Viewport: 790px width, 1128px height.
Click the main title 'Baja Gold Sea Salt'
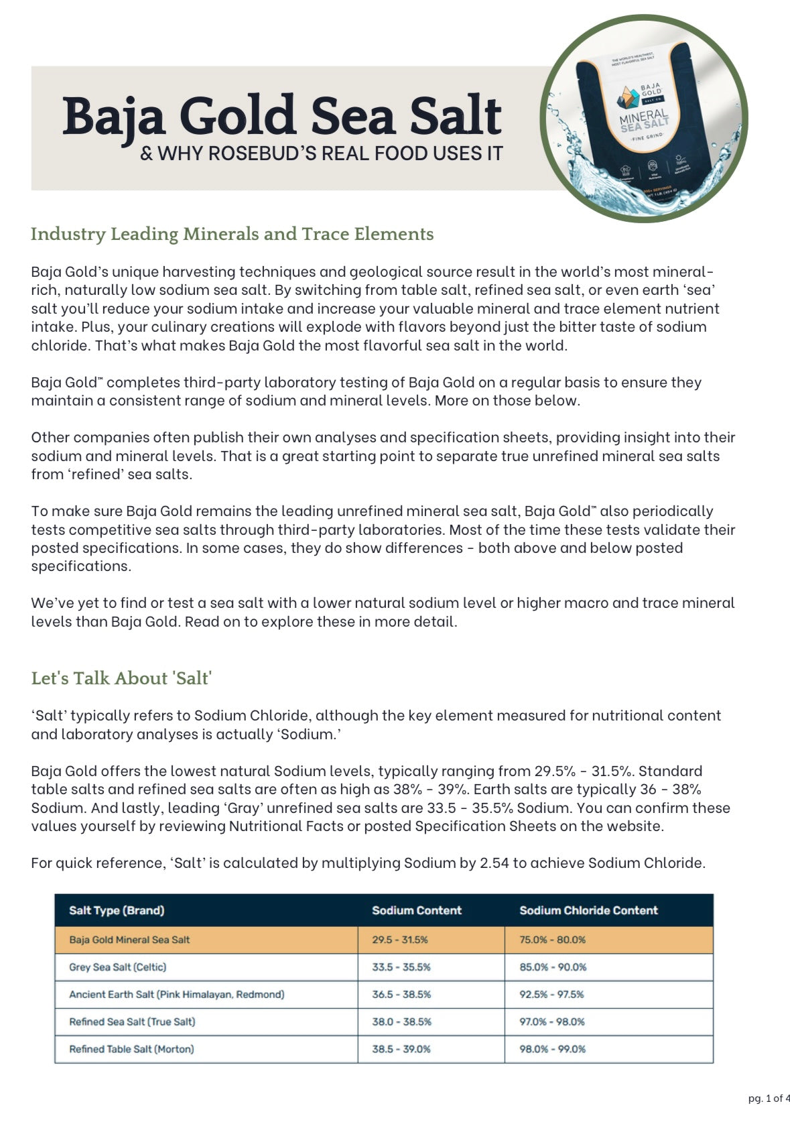[x=282, y=115]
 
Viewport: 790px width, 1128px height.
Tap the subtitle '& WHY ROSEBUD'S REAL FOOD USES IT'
[x=322, y=153]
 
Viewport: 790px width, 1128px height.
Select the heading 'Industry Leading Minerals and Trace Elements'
[x=232, y=234]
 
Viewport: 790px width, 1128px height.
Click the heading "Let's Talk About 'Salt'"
[x=121, y=678]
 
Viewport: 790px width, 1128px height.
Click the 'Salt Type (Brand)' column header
[x=117, y=910]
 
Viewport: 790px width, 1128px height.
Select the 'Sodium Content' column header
[x=417, y=910]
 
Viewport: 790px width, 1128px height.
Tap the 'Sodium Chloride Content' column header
[x=588, y=910]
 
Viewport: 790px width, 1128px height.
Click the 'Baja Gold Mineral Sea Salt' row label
[x=129, y=940]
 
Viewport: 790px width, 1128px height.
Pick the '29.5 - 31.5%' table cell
[x=400, y=940]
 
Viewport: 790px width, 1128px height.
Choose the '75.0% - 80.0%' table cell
[x=552, y=940]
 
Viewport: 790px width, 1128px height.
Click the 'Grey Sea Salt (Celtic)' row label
[x=118, y=967]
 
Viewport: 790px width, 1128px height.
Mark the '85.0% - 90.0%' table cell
[x=553, y=967]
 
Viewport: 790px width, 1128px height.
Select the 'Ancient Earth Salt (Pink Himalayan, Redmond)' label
[x=177, y=995]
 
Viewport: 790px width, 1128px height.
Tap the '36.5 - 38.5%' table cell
[x=401, y=995]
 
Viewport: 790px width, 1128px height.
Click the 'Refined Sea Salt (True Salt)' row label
[x=132, y=1022]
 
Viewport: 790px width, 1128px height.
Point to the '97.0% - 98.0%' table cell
[x=552, y=1022]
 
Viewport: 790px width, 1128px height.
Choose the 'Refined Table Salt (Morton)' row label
[x=131, y=1049]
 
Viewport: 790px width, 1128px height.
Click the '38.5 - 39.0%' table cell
[x=401, y=1049]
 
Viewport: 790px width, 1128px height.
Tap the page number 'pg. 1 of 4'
[x=769, y=1099]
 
